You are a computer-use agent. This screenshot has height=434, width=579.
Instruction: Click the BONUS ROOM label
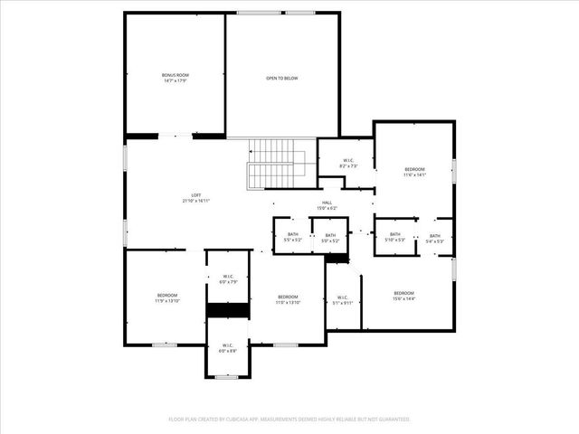point(176,78)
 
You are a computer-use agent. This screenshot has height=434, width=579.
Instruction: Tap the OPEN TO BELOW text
point(281,79)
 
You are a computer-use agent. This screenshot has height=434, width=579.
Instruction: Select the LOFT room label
point(195,197)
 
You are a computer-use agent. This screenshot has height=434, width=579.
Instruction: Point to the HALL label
point(327,205)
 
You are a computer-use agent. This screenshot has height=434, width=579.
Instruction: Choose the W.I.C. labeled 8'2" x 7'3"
point(348,164)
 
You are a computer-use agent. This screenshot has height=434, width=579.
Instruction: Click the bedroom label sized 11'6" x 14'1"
point(414,172)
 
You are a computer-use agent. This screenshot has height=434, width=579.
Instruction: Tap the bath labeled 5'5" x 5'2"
point(292,238)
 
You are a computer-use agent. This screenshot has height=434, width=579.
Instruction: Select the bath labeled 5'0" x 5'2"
point(330,238)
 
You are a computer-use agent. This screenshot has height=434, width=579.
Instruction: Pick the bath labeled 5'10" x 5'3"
point(394,238)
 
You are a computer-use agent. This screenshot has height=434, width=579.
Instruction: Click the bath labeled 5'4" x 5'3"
point(435,238)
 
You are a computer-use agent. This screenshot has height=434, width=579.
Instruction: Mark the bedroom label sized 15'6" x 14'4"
point(403,296)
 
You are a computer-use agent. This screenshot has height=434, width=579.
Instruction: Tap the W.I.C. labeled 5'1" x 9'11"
point(343,300)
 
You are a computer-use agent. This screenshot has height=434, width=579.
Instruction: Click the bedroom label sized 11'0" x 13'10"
point(288,299)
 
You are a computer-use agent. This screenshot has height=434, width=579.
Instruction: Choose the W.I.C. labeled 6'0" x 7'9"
point(227,278)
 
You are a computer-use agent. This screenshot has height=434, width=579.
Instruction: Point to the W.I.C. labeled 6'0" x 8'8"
point(227,348)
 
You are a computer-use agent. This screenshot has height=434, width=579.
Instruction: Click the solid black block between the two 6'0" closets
point(227,310)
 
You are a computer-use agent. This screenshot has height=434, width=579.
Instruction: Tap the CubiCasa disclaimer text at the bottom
point(289,420)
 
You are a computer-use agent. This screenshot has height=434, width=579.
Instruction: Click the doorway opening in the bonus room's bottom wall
point(176,136)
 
